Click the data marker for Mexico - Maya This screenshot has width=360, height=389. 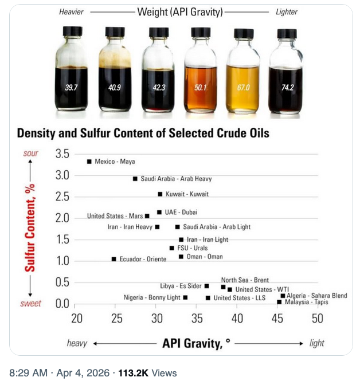pyautogui.click(x=89, y=162)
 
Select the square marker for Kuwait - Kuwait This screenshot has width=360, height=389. pyautogui.click(x=160, y=194)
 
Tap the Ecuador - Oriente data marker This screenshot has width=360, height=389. pyautogui.click(x=114, y=260)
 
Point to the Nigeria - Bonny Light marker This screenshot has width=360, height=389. pyautogui.click(x=185, y=297)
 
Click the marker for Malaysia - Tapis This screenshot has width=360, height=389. pyautogui.click(x=279, y=302)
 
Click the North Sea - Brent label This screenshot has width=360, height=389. pyautogui.click(x=245, y=280)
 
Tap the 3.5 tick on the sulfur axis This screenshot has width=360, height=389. pyautogui.click(x=62, y=154)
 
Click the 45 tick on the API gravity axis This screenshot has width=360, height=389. pyautogui.click(x=277, y=319)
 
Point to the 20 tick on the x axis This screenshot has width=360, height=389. pyautogui.click(x=76, y=319)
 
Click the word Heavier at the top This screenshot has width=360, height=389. pyautogui.click(x=72, y=11)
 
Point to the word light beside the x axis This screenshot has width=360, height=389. pyautogui.click(x=316, y=343)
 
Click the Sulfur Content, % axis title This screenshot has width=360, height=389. pyautogui.click(x=30, y=227)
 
